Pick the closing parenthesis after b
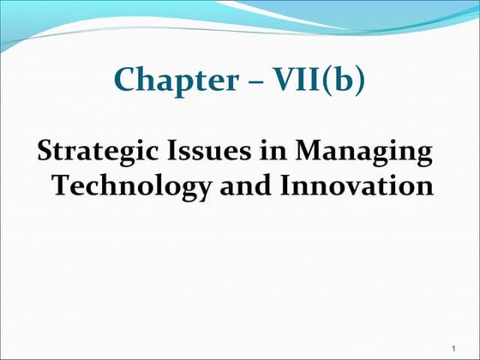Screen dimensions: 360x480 click(359, 81)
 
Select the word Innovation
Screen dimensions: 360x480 click(351, 185)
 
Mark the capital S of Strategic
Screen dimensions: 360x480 click(45, 153)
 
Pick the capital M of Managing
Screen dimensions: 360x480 click(308, 153)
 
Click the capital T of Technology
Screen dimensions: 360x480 click(63, 185)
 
